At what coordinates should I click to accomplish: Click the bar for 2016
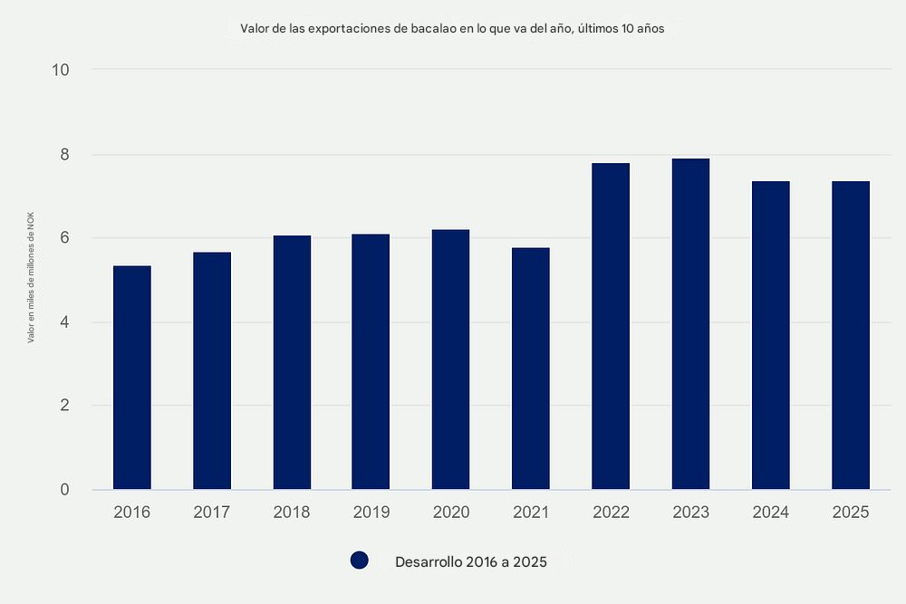tap(132, 378)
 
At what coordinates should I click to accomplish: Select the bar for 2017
tap(212, 371)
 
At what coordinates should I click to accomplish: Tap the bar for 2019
tap(371, 362)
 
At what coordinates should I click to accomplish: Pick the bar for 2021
tap(531, 369)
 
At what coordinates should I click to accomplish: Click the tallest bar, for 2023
tap(690, 324)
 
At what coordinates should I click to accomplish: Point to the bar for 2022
tap(611, 326)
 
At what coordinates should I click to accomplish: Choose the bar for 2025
tap(851, 335)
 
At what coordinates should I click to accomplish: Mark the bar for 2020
tap(451, 360)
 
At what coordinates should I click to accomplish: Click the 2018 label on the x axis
tap(292, 513)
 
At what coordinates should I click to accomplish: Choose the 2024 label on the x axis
tap(771, 513)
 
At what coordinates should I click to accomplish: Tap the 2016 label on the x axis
tap(132, 513)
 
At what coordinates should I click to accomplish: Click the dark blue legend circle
tap(360, 561)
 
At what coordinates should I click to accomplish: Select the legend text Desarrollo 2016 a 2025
tap(471, 562)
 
